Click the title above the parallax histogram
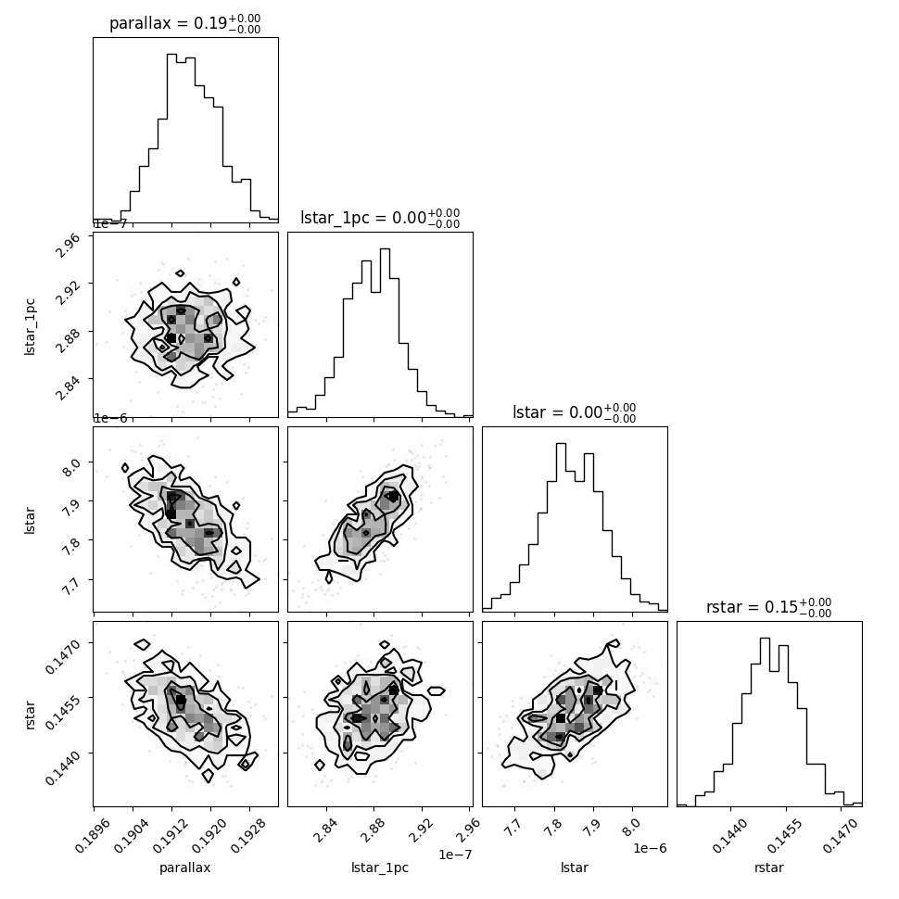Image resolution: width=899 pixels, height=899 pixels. pos(185,23)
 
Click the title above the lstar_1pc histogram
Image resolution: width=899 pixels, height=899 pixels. pos(380,219)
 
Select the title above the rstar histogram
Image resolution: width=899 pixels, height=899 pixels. pos(769,607)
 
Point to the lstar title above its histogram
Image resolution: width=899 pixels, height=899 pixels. pos(575,412)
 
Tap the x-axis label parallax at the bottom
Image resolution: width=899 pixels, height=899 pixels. pos(185,867)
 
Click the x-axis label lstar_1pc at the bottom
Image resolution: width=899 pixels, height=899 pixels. pos(380,867)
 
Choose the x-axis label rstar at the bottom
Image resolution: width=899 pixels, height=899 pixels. pos(769,867)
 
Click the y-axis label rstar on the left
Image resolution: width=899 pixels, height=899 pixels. pos(30,715)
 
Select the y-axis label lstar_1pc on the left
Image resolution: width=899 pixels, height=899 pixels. pos(30,327)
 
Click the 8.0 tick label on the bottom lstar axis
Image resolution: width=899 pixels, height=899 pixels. pos(631,827)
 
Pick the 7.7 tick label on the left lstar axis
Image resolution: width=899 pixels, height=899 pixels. pos(71,587)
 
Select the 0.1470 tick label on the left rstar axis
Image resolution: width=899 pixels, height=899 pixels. pos(62,657)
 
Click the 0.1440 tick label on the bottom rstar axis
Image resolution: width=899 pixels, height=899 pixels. pos(728,835)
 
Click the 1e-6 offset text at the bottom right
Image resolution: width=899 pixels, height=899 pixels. pos(650,848)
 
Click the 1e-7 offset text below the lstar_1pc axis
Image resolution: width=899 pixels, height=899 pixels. pos(455,855)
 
